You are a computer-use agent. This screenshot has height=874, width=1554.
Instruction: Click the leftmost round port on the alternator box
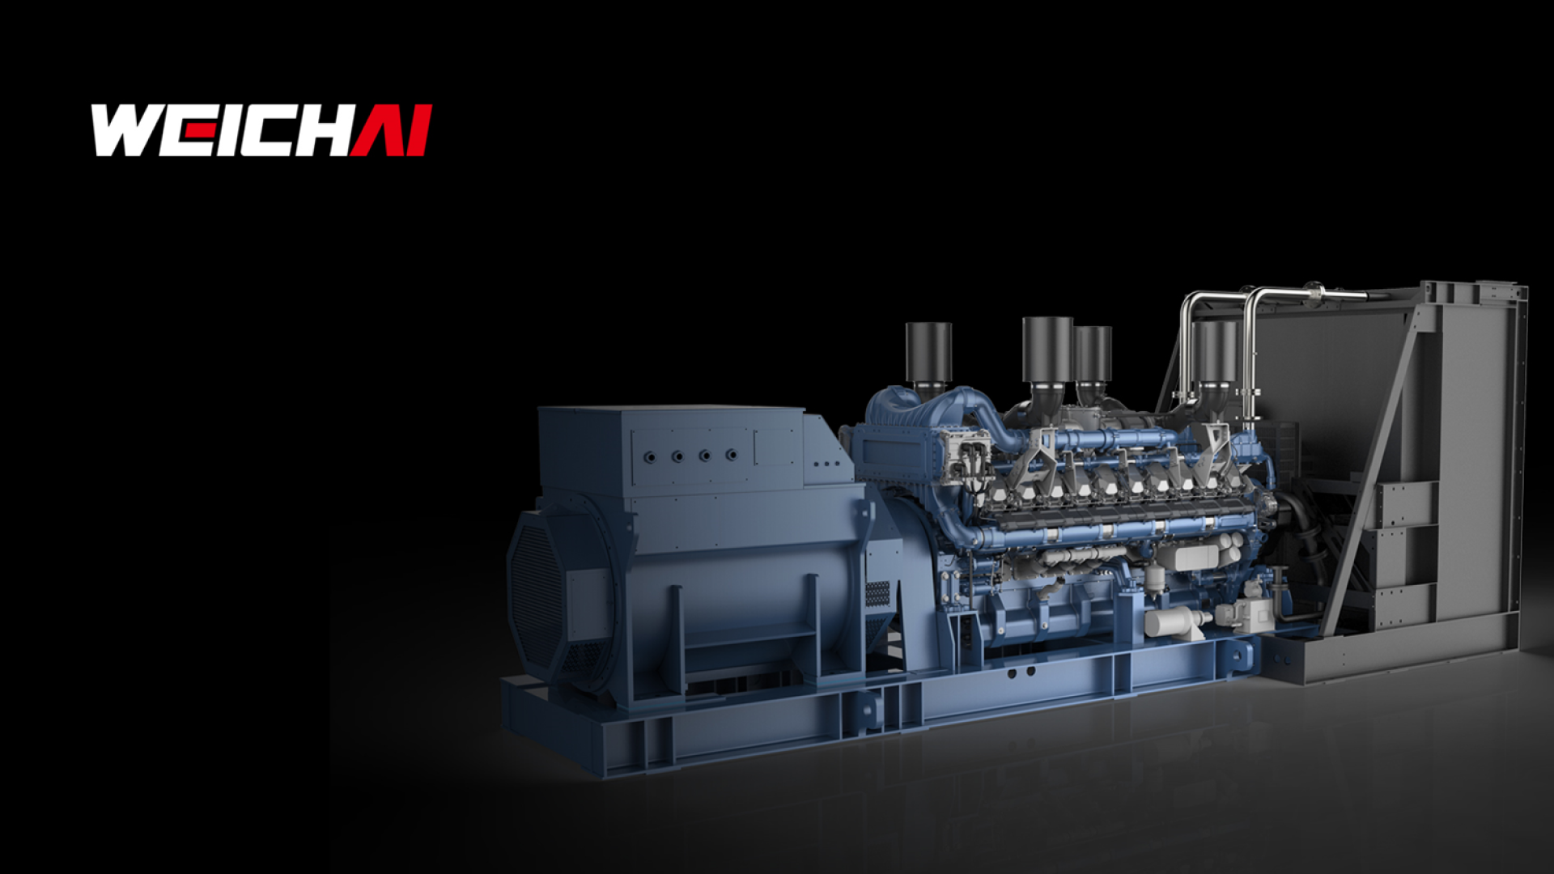(649, 457)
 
